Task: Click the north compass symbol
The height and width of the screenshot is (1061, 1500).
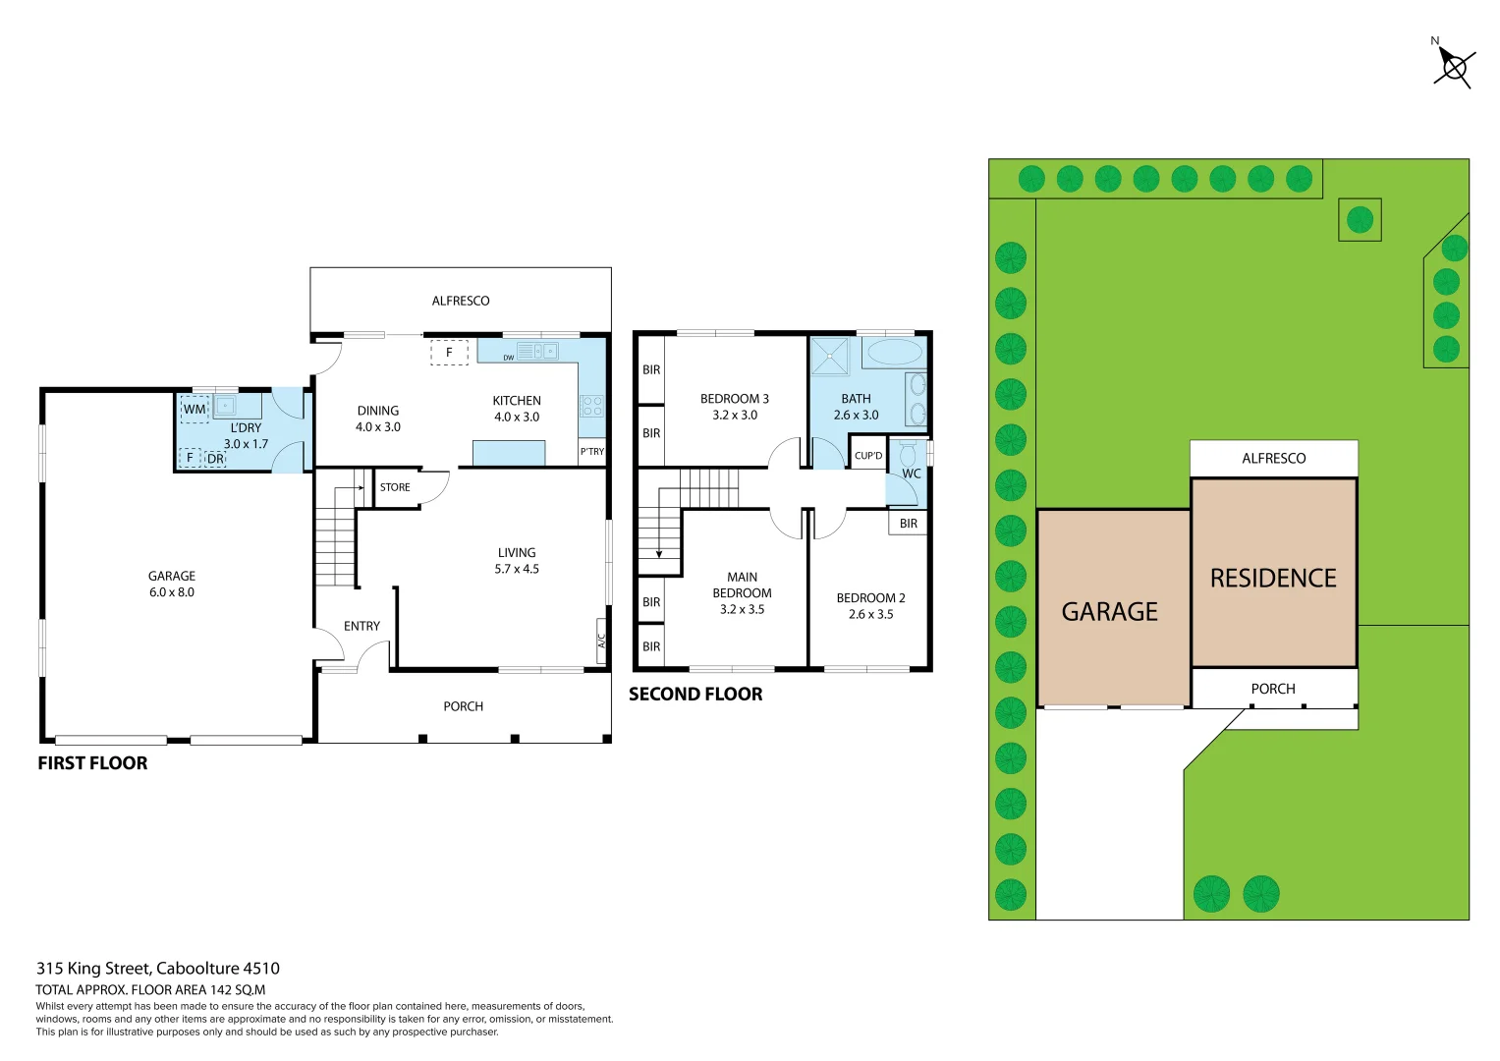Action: [1453, 67]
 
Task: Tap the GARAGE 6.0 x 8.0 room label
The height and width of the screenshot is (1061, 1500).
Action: [172, 584]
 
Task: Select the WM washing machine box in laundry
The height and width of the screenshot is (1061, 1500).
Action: [194, 409]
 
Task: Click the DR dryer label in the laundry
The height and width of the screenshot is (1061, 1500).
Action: [215, 459]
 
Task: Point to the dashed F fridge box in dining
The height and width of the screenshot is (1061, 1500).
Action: [449, 352]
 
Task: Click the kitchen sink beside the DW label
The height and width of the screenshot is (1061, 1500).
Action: [537, 351]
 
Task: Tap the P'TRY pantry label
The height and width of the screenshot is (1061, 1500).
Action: [592, 452]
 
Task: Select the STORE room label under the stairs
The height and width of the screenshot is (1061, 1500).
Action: [395, 487]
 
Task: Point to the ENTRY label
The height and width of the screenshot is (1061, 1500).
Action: [361, 626]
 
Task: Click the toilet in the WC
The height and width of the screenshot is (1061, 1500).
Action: [909, 454]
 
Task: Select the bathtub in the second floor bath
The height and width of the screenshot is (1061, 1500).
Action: [893, 352]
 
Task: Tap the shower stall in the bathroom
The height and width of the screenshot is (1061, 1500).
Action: [830, 356]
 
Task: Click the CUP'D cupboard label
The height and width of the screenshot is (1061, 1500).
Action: [868, 456]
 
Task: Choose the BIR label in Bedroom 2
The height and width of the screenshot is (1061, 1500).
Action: [909, 524]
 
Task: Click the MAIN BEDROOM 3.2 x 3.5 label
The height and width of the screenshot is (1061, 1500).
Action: [742, 593]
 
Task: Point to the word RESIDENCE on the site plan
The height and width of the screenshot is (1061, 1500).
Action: [1273, 579]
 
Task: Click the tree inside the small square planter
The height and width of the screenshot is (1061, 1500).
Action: [1360, 220]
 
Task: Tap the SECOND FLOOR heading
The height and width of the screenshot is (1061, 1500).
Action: [695, 695]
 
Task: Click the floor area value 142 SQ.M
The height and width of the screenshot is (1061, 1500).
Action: [237, 990]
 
